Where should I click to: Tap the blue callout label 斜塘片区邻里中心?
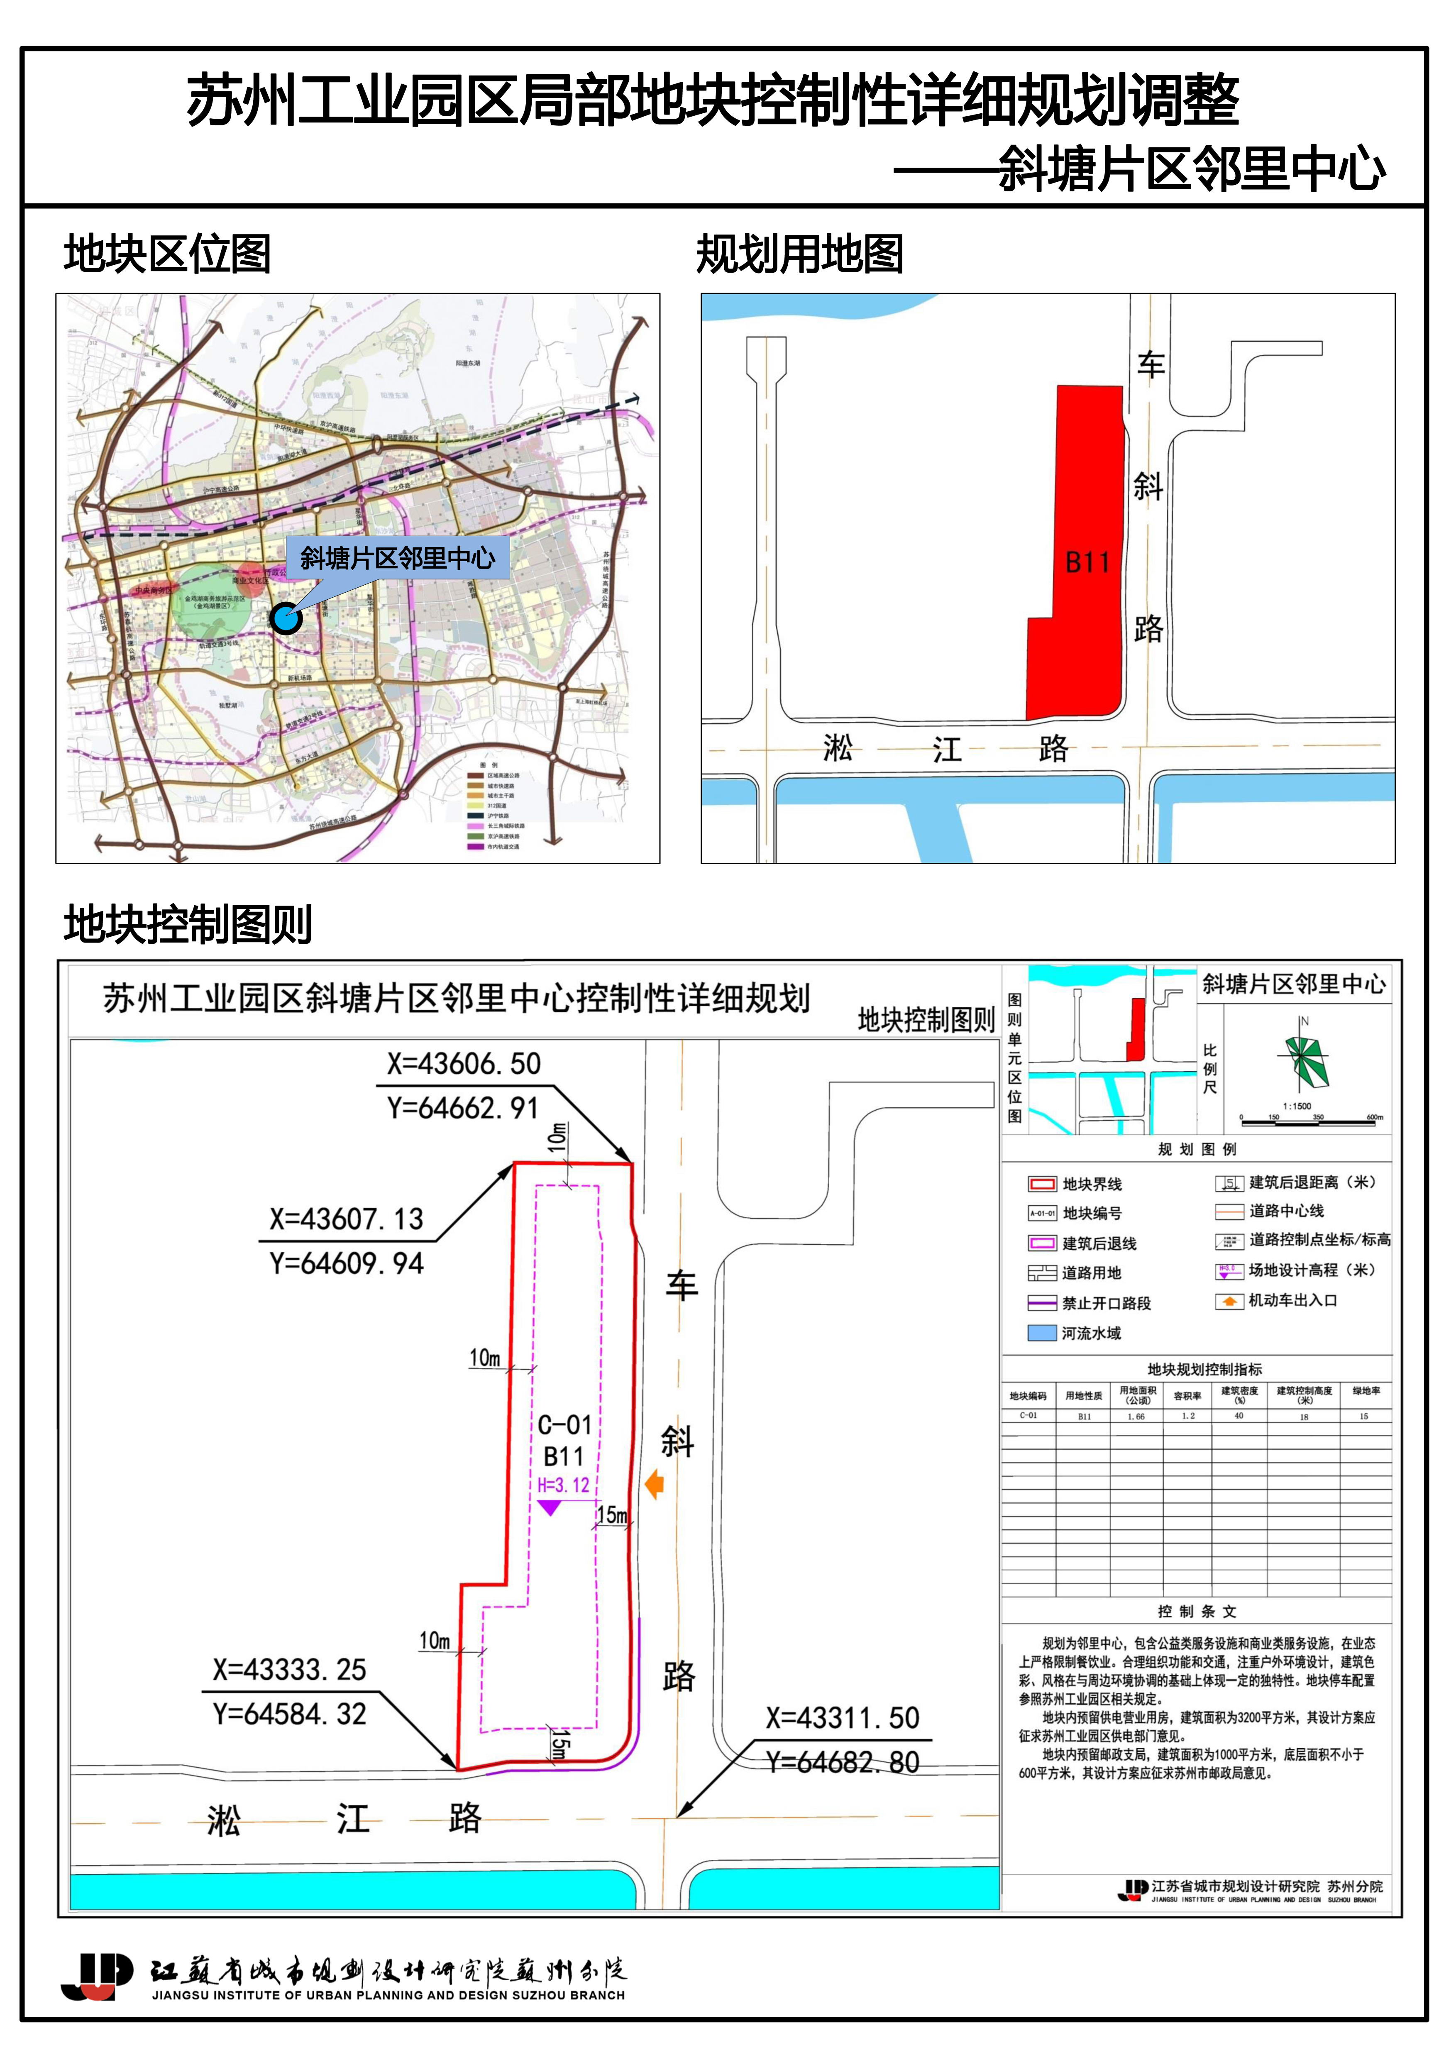(x=397, y=558)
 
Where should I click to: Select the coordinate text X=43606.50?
(x=464, y=1064)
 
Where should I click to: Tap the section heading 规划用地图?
(x=800, y=255)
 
